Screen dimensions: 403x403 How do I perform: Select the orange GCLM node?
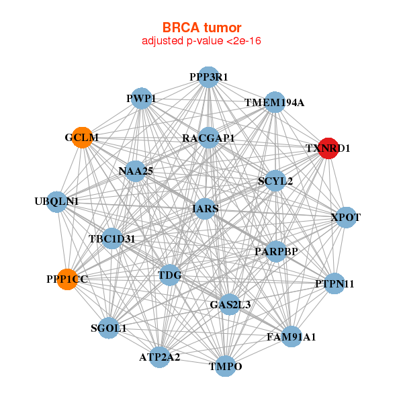coord(82,138)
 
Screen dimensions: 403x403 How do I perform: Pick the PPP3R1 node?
coord(208,77)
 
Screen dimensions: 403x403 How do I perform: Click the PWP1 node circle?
coord(140,99)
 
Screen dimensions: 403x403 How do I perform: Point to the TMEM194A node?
coord(275,103)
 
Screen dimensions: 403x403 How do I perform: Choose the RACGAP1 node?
coord(209,138)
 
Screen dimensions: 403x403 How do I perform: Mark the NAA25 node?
coord(135,171)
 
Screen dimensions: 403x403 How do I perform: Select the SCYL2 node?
coord(275,181)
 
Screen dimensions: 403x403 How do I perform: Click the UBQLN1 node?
coord(57,201)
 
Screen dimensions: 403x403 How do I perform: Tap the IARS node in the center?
coord(206,209)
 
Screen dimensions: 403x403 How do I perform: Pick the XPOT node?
coord(345,218)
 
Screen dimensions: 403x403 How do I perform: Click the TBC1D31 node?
coord(111,238)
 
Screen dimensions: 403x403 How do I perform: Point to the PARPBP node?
coord(276,251)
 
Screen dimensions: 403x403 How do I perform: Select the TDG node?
coord(170,274)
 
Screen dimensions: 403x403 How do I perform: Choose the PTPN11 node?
coord(334,283)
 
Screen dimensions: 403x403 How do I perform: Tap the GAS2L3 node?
coord(230,304)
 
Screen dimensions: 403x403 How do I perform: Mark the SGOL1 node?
coord(109,328)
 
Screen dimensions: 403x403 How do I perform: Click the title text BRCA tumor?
coord(201,28)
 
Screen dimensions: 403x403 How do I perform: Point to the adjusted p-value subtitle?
coord(201,41)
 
